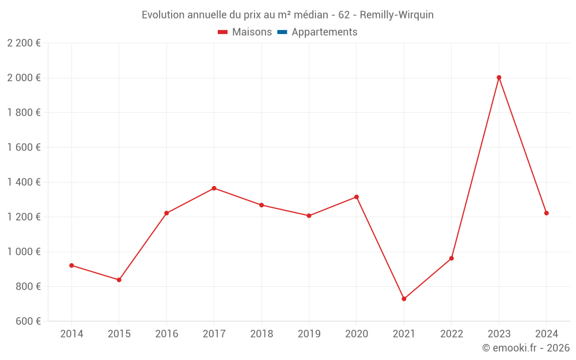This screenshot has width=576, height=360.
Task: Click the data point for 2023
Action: tap(499, 77)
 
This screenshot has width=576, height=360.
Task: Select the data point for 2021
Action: tap(404, 299)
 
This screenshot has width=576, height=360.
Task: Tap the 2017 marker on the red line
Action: tap(214, 188)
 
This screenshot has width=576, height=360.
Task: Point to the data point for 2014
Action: tap(71, 266)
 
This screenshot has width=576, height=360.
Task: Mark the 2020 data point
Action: tap(357, 197)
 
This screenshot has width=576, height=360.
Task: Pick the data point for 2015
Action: tap(119, 280)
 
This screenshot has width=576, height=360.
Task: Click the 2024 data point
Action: tap(546, 213)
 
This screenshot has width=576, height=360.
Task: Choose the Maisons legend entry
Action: tap(252, 32)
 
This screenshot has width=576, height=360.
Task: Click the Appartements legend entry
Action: tap(324, 32)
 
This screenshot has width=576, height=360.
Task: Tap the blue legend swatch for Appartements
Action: tap(282, 32)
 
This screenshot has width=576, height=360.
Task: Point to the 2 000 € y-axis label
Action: tap(24, 78)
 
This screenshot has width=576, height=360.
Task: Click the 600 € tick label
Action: tap(28, 321)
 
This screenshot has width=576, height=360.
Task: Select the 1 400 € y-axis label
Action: tap(24, 182)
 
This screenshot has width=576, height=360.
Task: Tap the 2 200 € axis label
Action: tap(24, 43)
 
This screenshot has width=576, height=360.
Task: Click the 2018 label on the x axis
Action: tap(262, 334)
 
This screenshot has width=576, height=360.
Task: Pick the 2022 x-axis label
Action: tap(452, 334)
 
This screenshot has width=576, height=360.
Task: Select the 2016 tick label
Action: tap(166, 334)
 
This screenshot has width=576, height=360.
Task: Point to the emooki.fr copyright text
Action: tap(526, 348)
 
